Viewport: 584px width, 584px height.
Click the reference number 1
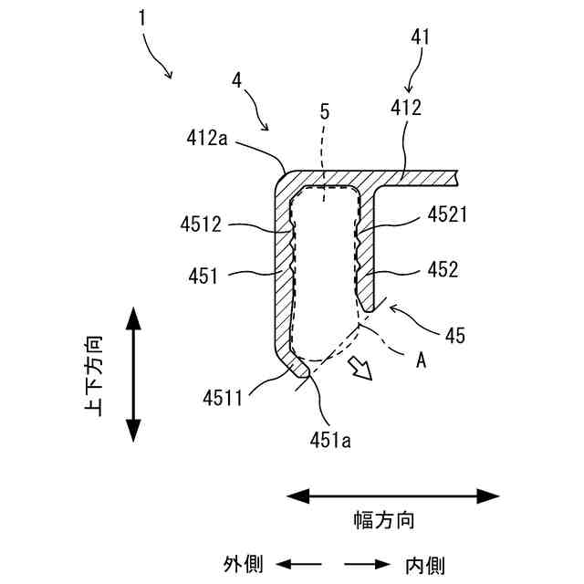(144, 18)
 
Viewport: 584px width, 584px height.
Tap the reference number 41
(420, 37)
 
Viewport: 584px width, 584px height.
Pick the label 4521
(447, 216)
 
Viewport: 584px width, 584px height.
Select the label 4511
(222, 399)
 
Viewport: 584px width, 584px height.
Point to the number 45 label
(454, 335)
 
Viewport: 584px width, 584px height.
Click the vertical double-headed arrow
(133, 375)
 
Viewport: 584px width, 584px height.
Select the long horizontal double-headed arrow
(393, 496)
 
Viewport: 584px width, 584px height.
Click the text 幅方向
(384, 521)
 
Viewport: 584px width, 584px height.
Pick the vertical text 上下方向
(94, 375)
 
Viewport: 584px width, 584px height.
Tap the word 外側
(244, 564)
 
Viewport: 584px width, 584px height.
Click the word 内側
(425, 565)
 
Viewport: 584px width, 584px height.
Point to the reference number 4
(237, 80)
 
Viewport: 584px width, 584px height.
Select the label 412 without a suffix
(406, 109)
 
